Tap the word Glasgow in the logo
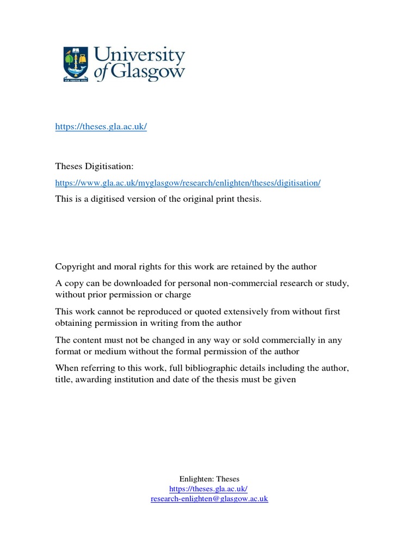click(147, 73)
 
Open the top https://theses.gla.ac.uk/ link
click(101, 127)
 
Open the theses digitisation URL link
click(188, 183)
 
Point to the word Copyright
click(75, 267)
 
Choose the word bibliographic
click(196, 368)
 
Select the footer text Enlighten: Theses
click(209, 479)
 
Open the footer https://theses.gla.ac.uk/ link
click(209, 489)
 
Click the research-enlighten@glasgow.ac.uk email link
click(209, 499)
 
